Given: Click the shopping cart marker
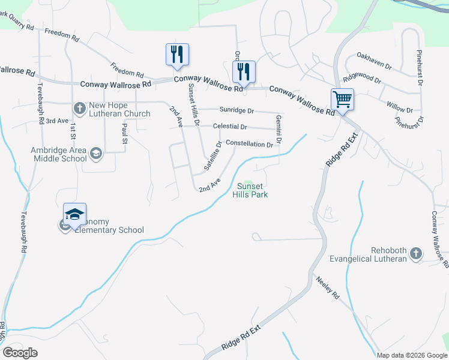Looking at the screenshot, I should [342, 98].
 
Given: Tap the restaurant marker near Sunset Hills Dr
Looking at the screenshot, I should [177, 54].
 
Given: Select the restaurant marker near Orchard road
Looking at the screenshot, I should [244, 71].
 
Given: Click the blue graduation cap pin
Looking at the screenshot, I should [74, 214].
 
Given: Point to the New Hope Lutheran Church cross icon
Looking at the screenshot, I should [79, 109].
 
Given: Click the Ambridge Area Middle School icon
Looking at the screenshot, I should [95, 154].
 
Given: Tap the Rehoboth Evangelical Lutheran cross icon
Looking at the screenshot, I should [415, 254].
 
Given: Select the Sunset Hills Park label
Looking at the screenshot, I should [250, 190].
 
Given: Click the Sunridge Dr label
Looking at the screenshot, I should [237, 111].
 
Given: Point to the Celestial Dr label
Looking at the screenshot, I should [230, 127].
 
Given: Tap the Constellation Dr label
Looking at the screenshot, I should [249, 145].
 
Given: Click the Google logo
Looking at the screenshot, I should [20, 353].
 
